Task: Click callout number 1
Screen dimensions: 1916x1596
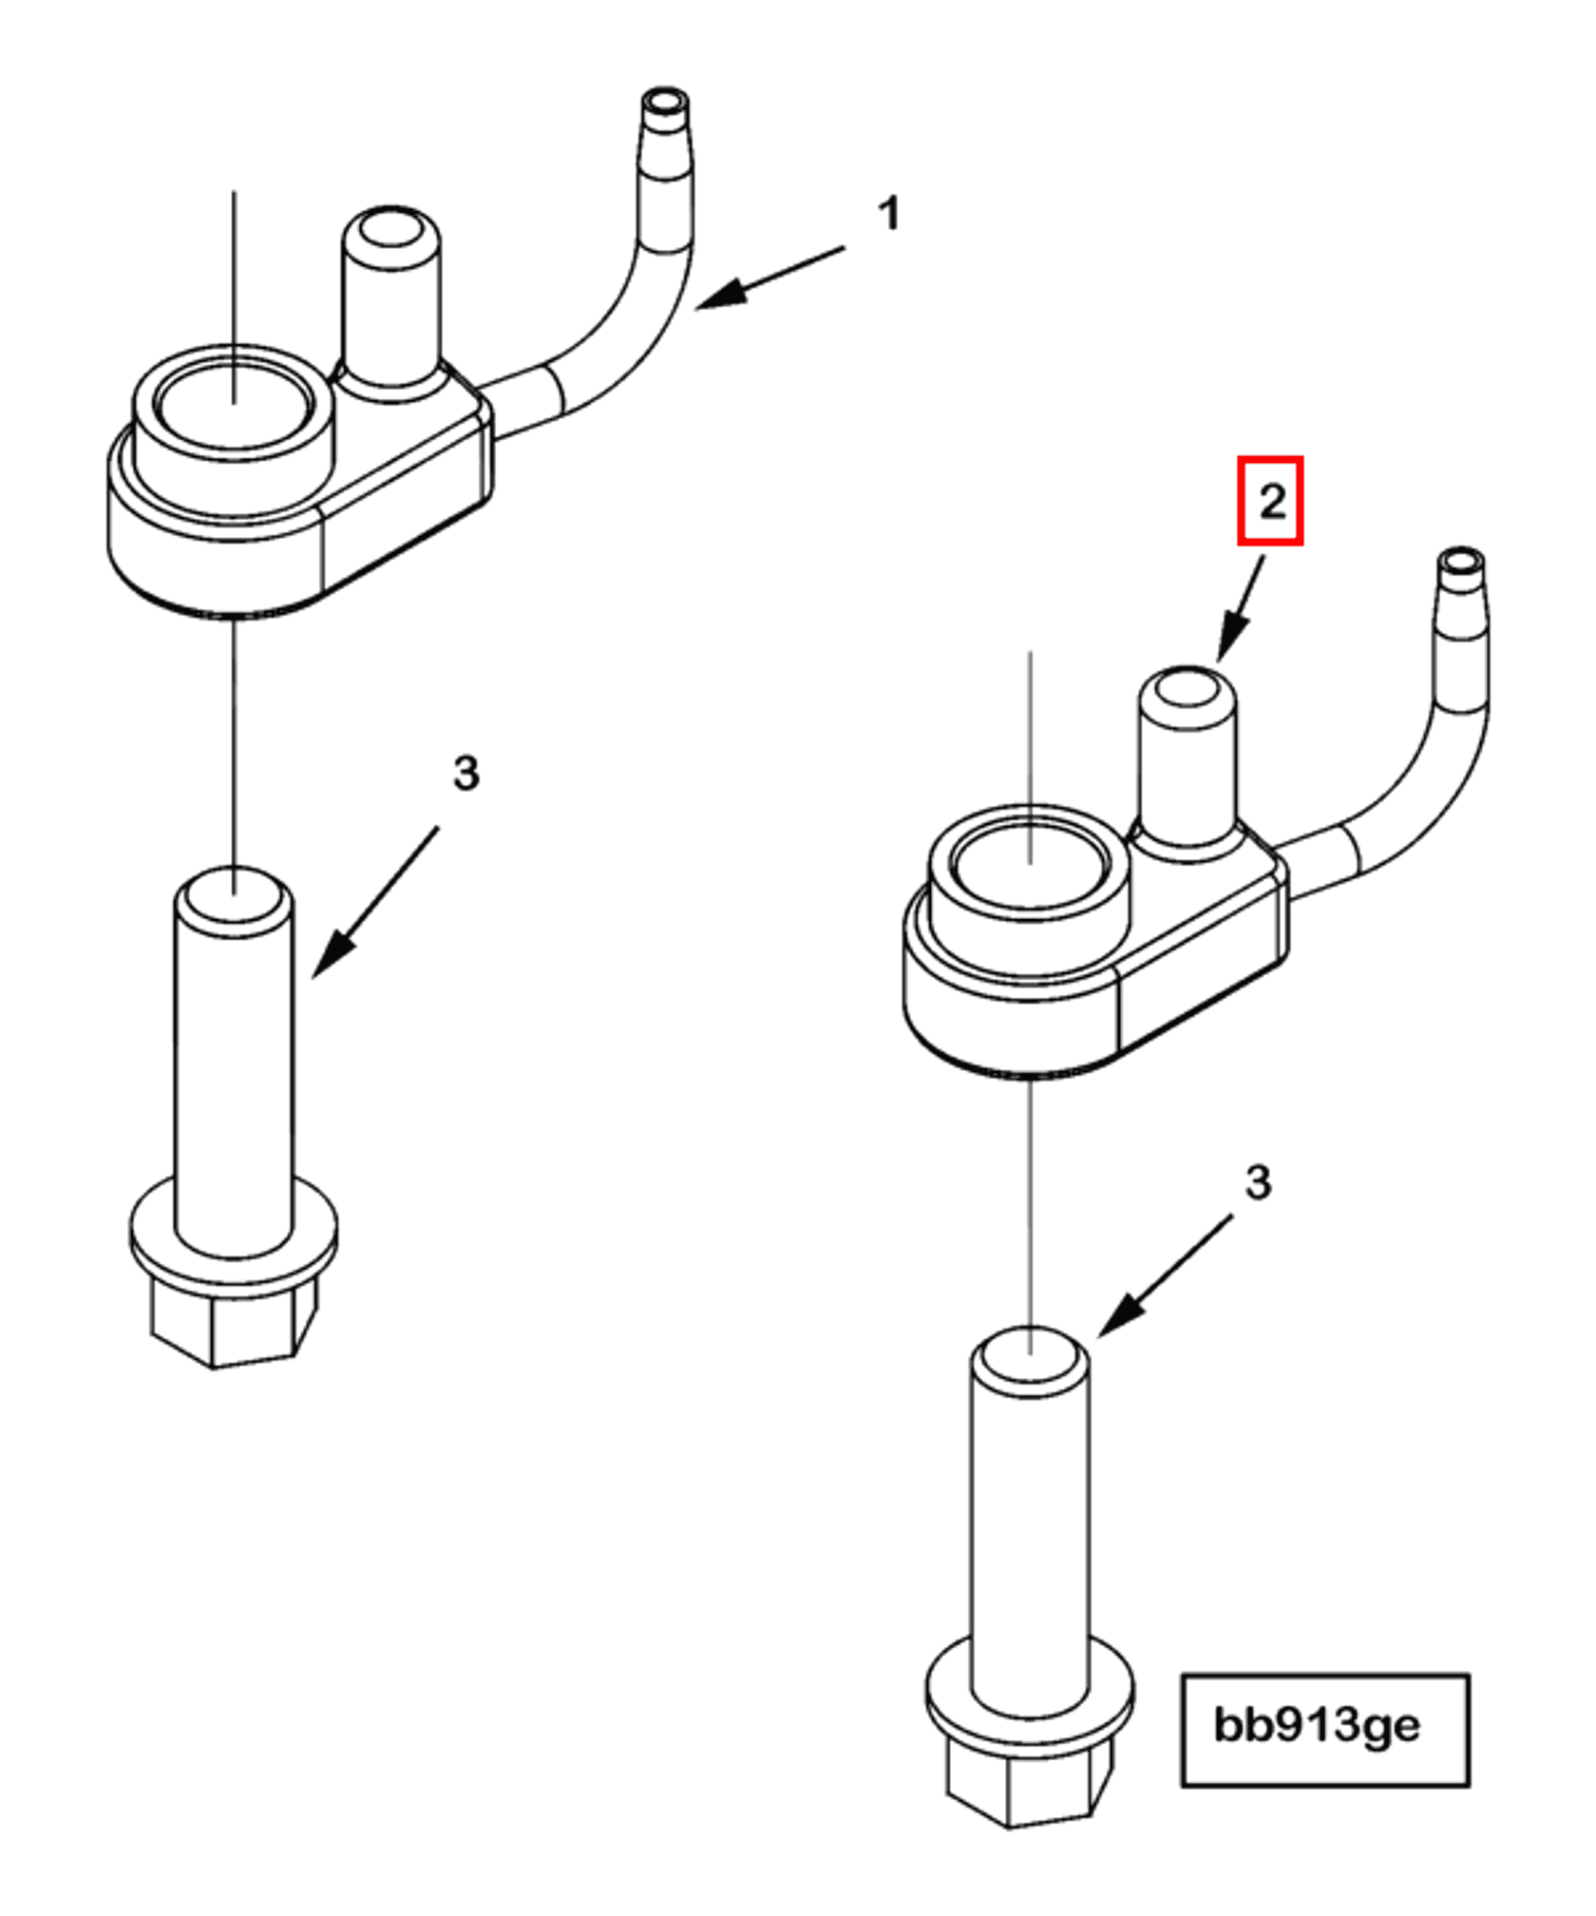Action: pyautogui.click(x=888, y=214)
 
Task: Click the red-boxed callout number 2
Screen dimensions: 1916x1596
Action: pyautogui.click(x=1271, y=501)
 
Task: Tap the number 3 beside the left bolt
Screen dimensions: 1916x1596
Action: pyautogui.click(x=465, y=774)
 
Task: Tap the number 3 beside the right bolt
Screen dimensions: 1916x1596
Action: pyautogui.click(x=1258, y=1183)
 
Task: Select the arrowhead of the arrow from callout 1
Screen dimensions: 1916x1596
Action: pyautogui.click(x=717, y=297)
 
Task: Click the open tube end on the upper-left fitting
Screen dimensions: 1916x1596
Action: pyautogui.click(x=665, y=100)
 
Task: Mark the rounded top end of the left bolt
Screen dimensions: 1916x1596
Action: pyautogui.click(x=234, y=896)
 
